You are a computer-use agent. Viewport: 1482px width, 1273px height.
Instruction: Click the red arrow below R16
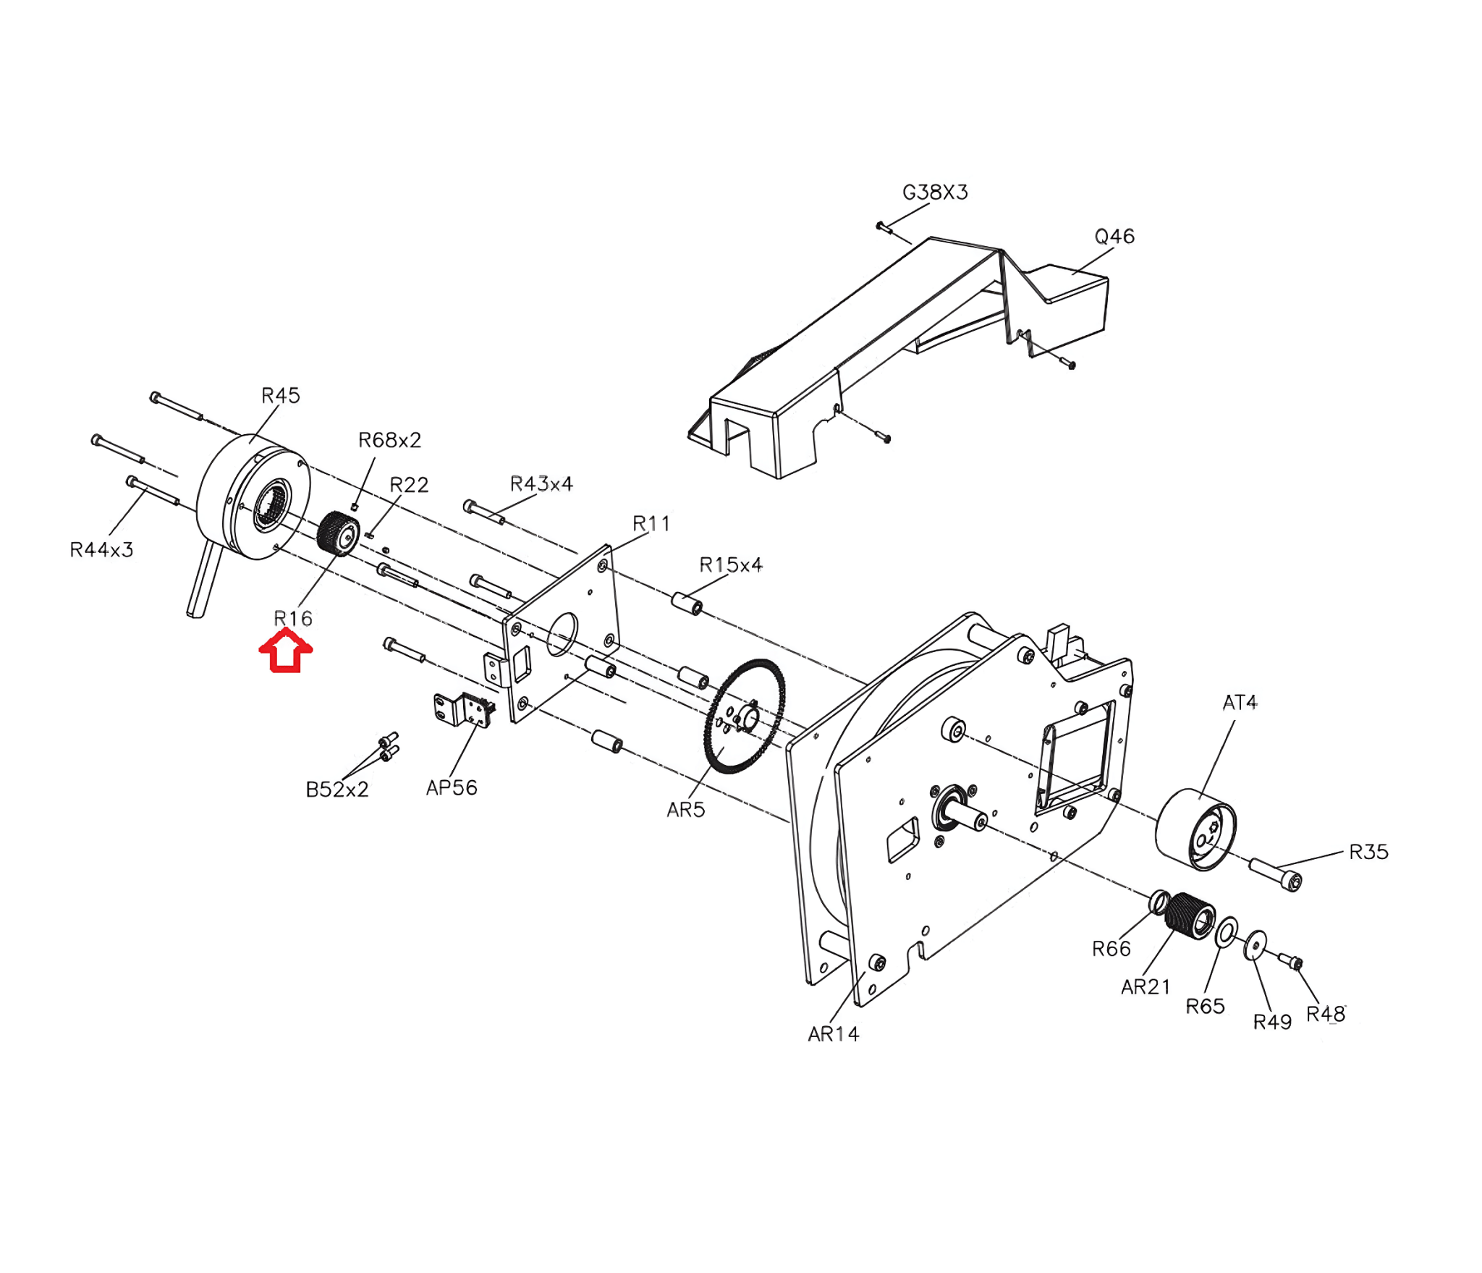click(286, 651)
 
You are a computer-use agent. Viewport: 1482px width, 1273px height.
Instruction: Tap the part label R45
click(281, 396)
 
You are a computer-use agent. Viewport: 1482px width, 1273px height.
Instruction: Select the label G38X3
click(935, 193)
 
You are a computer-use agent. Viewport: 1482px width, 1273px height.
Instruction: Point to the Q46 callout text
click(1114, 237)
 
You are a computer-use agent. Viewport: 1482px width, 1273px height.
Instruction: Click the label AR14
click(834, 1034)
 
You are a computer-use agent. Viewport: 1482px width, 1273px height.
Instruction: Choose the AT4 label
click(1240, 703)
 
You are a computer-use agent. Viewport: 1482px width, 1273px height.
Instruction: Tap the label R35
click(1369, 852)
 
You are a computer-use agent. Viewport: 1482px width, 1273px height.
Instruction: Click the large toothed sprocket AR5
click(744, 716)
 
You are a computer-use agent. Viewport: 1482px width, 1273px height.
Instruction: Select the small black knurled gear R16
click(339, 534)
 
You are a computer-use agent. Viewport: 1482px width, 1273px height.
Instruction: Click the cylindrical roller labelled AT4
click(1195, 829)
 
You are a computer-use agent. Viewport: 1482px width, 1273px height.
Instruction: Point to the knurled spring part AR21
click(1190, 915)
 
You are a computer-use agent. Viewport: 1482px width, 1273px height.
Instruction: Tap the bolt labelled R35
click(1275, 874)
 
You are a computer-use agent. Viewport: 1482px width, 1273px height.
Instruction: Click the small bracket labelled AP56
click(465, 709)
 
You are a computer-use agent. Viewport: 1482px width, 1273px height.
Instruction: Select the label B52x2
click(337, 790)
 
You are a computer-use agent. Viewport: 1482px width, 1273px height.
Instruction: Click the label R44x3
click(101, 550)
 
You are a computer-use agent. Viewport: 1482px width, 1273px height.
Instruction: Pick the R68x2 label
click(389, 440)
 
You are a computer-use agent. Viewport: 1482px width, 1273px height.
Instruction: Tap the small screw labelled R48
click(1290, 961)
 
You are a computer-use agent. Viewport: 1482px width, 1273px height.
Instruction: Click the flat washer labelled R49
click(1256, 946)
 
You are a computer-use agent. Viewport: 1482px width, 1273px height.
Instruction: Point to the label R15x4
click(731, 564)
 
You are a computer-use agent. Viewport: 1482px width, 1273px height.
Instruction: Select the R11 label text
click(651, 523)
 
